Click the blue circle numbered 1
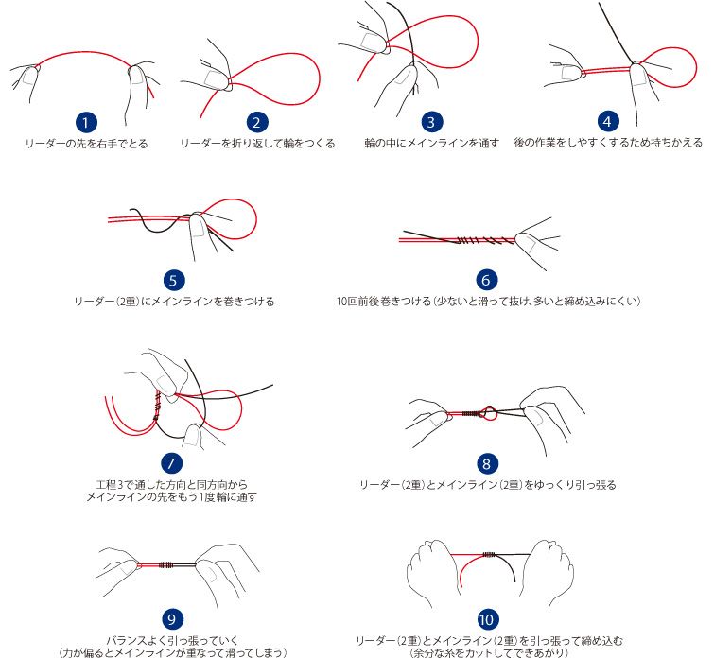86,122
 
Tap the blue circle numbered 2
257,122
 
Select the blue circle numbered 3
431,122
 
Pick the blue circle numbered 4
607,121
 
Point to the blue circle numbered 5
173,280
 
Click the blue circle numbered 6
486,280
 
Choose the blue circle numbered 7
171,463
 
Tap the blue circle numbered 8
487,463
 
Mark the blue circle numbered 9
172,619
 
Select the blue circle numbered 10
486,619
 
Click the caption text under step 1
86,144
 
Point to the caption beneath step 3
431,144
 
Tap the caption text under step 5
174,302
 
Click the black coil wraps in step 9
166,565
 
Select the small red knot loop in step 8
489,412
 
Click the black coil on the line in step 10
489,554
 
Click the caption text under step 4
608,143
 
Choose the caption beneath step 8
488,485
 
